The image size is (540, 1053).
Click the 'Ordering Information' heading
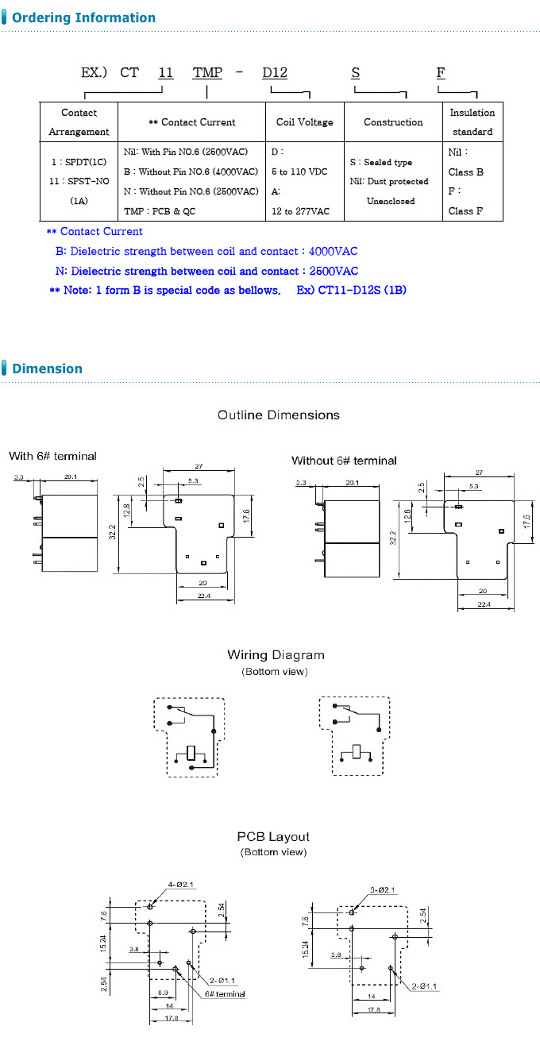coord(84,17)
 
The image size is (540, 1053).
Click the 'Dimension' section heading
coord(47,368)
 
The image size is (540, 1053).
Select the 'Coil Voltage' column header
coord(305,122)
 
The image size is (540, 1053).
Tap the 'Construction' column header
coord(393,122)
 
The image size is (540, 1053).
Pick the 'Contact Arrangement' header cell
coord(79,122)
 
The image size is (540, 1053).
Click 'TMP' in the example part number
coord(207,73)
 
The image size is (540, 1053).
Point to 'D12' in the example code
coord(275,73)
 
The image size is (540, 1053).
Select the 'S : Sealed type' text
coord(380,162)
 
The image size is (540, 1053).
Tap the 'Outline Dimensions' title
coord(279,415)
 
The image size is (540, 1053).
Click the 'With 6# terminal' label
coord(52,456)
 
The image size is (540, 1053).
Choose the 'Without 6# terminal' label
coord(344,461)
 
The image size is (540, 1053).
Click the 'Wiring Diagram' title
coord(276,655)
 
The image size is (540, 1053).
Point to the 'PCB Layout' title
coord(273,836)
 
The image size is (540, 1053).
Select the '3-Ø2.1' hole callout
coord(383,890)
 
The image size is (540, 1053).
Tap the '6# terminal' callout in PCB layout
coord(225,994)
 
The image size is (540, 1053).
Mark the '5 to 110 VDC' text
coord(299,172)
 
